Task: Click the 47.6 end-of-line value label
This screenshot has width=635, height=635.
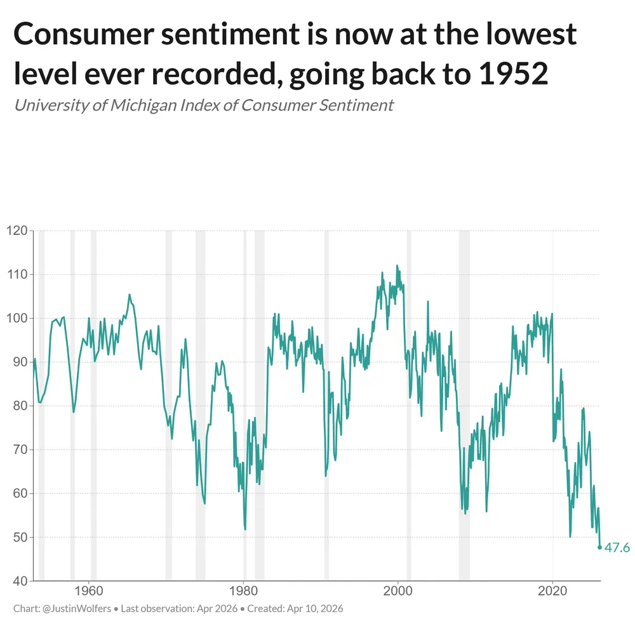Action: [617, 547]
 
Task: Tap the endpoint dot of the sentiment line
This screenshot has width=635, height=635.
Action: [600, 547]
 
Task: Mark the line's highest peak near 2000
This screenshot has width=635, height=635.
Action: [398, 265]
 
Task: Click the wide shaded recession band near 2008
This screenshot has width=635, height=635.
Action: [464, 406]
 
